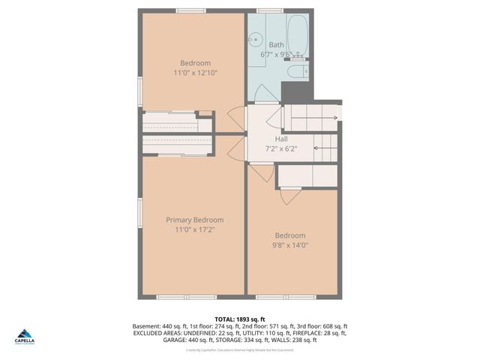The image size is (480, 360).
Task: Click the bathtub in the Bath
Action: [x=297, y=35]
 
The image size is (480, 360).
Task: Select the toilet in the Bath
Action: [x=297, y=71]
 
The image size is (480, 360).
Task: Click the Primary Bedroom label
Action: [x=194, y=220]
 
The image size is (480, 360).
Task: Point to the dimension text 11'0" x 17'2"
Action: [x=194, y=230]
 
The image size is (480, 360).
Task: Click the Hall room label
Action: [x=281, y=139]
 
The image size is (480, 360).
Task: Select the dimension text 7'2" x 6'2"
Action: [x=281, y=148]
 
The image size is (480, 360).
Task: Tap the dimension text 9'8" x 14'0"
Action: [x=290, y=244]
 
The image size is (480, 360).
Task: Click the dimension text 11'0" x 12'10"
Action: [x=195, y=73]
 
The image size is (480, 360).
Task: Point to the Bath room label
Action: [x=277, y=45]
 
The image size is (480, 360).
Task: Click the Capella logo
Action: [x=24, y=336]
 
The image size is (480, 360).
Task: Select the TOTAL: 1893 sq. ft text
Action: [x=240, y=319]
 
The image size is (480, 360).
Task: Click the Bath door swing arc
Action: [x=265, y=94]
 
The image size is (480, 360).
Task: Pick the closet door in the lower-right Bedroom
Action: [x=290, y=196]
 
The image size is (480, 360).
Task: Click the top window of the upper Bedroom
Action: [x=191, y=10]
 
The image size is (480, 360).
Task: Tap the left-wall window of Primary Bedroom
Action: [x=139, y=211]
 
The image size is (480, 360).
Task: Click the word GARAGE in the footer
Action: [x=175, y=340]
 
